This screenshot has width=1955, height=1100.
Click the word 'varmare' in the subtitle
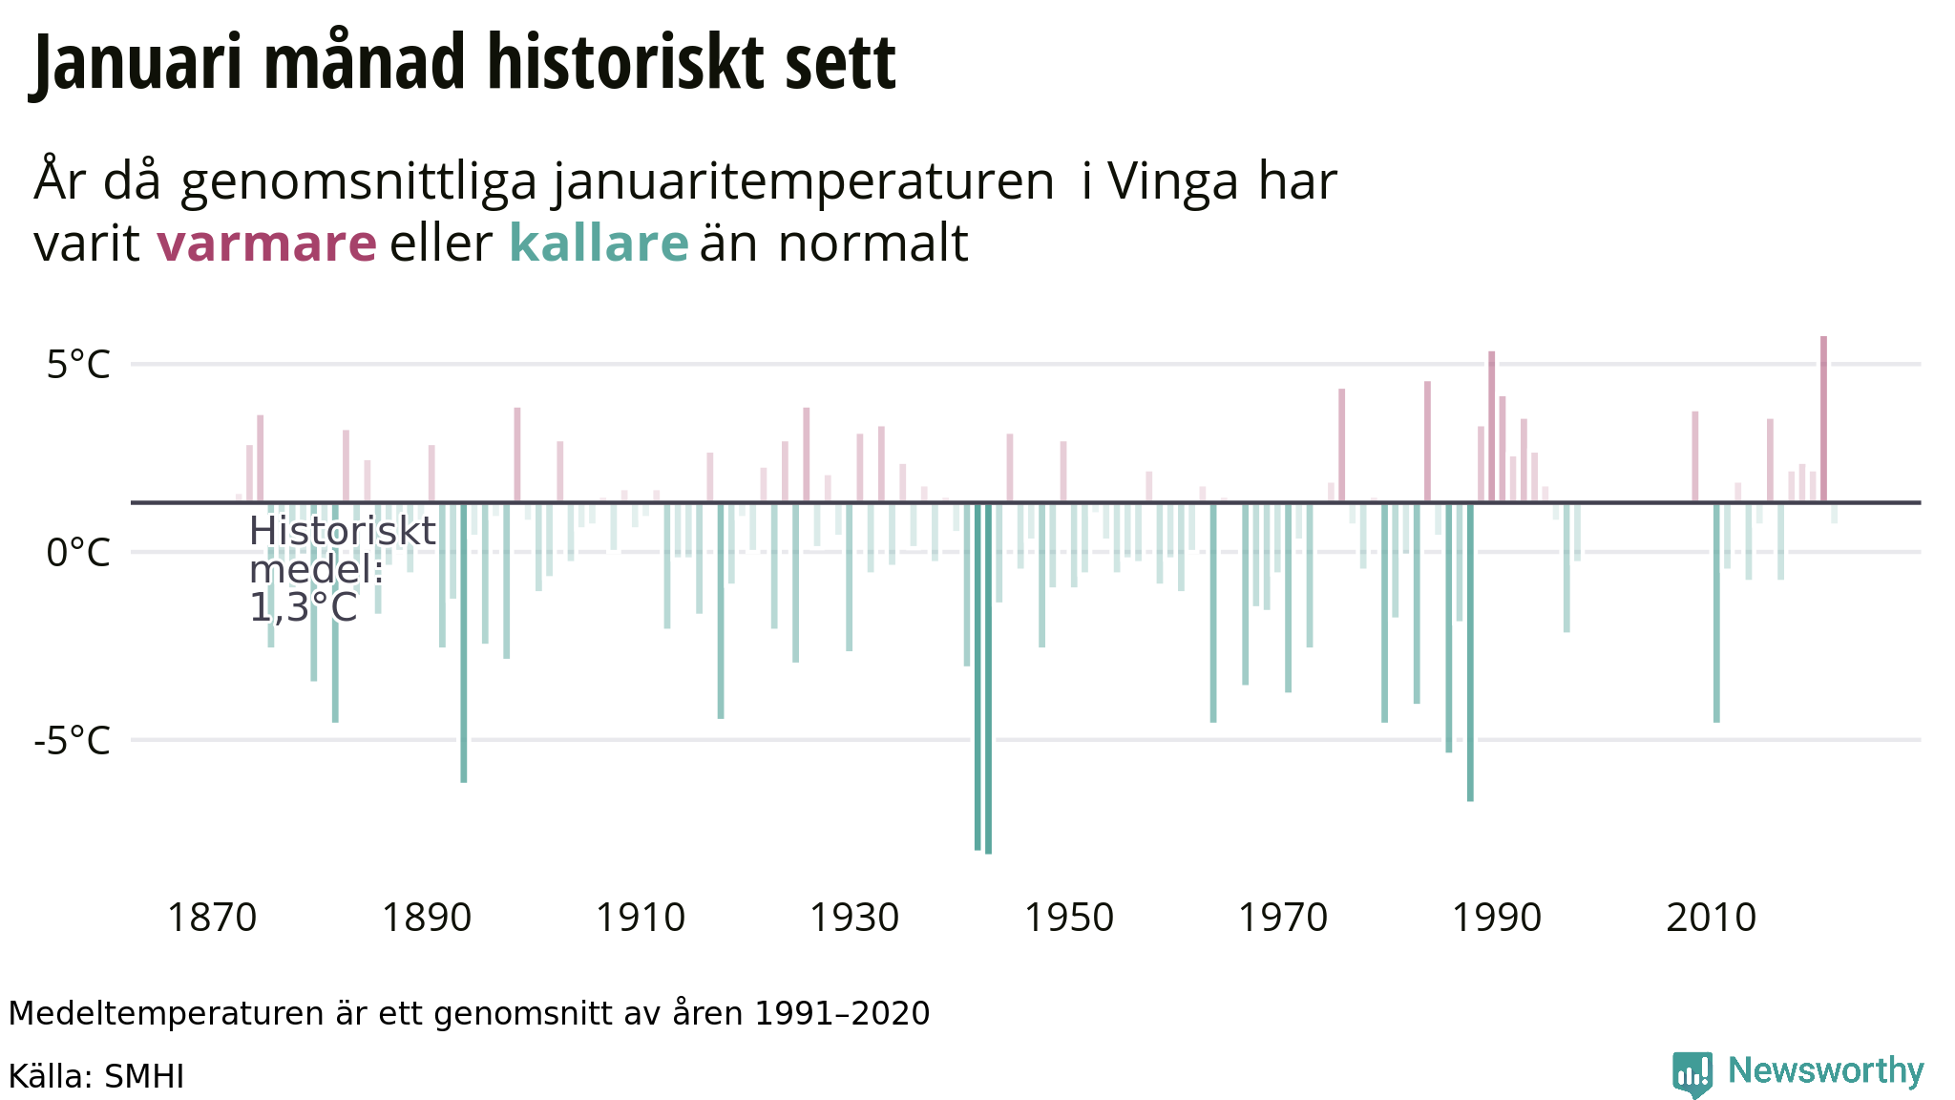(266, 243)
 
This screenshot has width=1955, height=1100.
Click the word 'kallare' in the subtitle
(599, 243)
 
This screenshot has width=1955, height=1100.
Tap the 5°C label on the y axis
(78, 365)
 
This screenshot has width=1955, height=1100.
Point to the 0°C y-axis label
(78, 553)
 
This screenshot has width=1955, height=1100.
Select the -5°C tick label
(73, 741)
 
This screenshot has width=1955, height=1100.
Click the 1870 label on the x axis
(212, 919)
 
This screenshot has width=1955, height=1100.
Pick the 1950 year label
(1069, 919)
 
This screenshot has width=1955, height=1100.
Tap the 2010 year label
(1712, 919)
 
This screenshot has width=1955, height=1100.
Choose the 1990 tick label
(1497, 919)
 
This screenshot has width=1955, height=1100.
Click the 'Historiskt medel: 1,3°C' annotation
(341, 569)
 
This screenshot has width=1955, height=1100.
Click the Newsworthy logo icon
(1692, 1074)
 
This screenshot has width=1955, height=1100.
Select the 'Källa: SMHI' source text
(96, 1077)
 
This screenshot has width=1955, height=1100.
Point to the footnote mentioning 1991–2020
(469, 1014)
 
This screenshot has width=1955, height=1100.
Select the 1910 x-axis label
(641, 919)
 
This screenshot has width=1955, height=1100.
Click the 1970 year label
(1283, 919)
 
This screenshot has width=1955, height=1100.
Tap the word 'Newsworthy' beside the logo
(1825, 1071)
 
